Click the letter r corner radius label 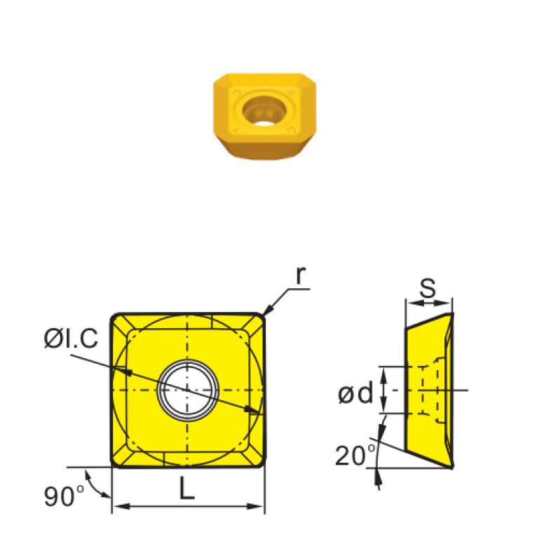[x=300, y=275]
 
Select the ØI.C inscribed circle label [x=71, y=339]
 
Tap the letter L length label [x=186, y=488]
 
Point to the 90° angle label [x=64, y=496]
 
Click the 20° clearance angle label [x=355, y=455]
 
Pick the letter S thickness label [x=428, y=287]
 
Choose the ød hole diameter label [x=355, y=393]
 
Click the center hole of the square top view [x=187, y=390]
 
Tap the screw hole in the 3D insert [x=264, y=111]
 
